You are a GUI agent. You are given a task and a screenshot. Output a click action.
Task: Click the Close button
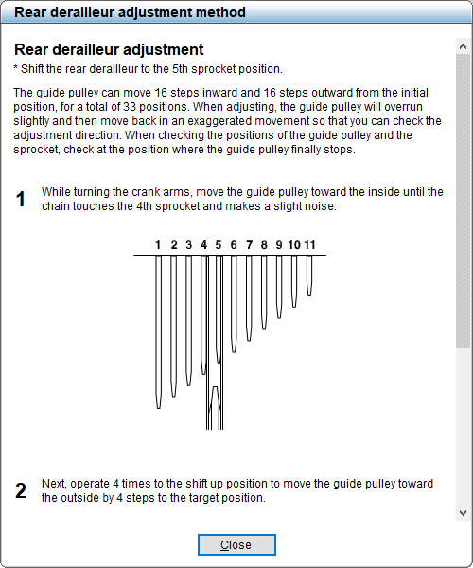pyautogui.click(x=236, y=544)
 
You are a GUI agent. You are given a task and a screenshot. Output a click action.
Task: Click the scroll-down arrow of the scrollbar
pyautogui.click(x=463, y=512)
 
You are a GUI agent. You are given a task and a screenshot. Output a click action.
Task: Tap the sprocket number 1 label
pyautogui.click(x=159, y=245)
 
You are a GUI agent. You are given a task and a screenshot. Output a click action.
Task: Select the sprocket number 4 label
pyautogui.click(x=203, y=245)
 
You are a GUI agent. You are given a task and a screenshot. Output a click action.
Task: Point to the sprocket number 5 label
pyautogui.click(x=219, y=245)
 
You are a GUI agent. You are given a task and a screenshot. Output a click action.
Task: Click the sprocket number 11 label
pyautogui.click(x=309, y=245)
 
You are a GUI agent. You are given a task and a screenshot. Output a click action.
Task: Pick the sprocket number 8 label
pyautogui.click(x=264, y=245)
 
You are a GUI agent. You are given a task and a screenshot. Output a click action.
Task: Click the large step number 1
pyautogui.click(x=21, y=200)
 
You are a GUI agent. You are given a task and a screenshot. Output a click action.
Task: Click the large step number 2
pyautogui.click(x=21, y=490)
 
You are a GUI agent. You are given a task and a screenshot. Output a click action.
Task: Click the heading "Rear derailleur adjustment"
pyautogui.click(x=109, y=49)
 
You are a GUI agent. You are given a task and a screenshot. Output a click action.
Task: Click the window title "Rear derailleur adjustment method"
pyautogui.click(x=130, y=12)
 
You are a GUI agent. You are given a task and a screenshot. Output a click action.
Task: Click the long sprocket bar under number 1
pyautogui.click(x=159, y=331)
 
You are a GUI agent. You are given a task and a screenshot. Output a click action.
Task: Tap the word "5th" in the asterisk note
pyautogui.click(x=190, y=69)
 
